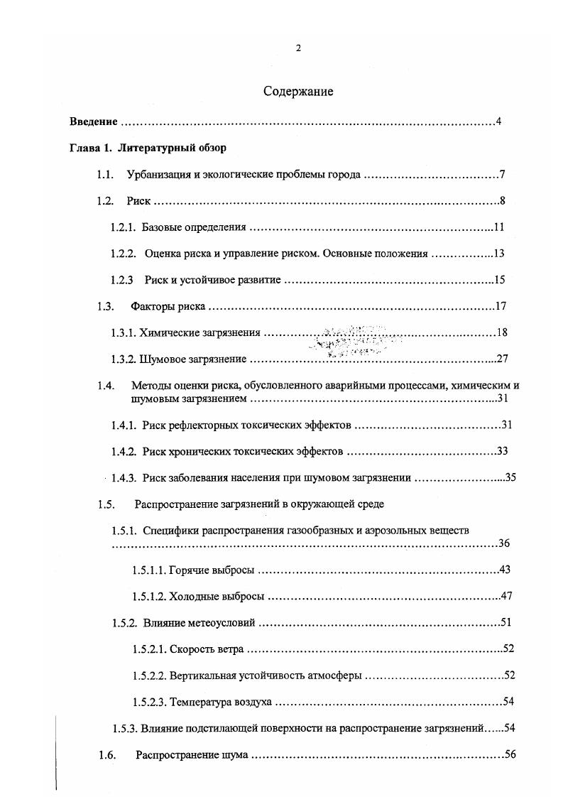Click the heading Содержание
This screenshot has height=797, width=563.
[298, 92]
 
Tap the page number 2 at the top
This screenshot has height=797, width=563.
[298, 48]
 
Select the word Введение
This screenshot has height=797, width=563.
[93, 121]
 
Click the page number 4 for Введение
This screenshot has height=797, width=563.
[499, 121]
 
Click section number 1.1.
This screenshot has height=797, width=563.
[105, 175]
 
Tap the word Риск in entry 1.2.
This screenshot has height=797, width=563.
[138, 201]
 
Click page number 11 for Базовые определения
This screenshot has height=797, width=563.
[498, 227]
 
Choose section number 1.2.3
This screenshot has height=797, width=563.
[122, 281]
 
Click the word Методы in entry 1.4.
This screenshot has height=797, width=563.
[151, 386]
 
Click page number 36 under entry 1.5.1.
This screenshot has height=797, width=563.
[504, 544]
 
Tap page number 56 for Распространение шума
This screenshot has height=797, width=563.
[508, 754]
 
